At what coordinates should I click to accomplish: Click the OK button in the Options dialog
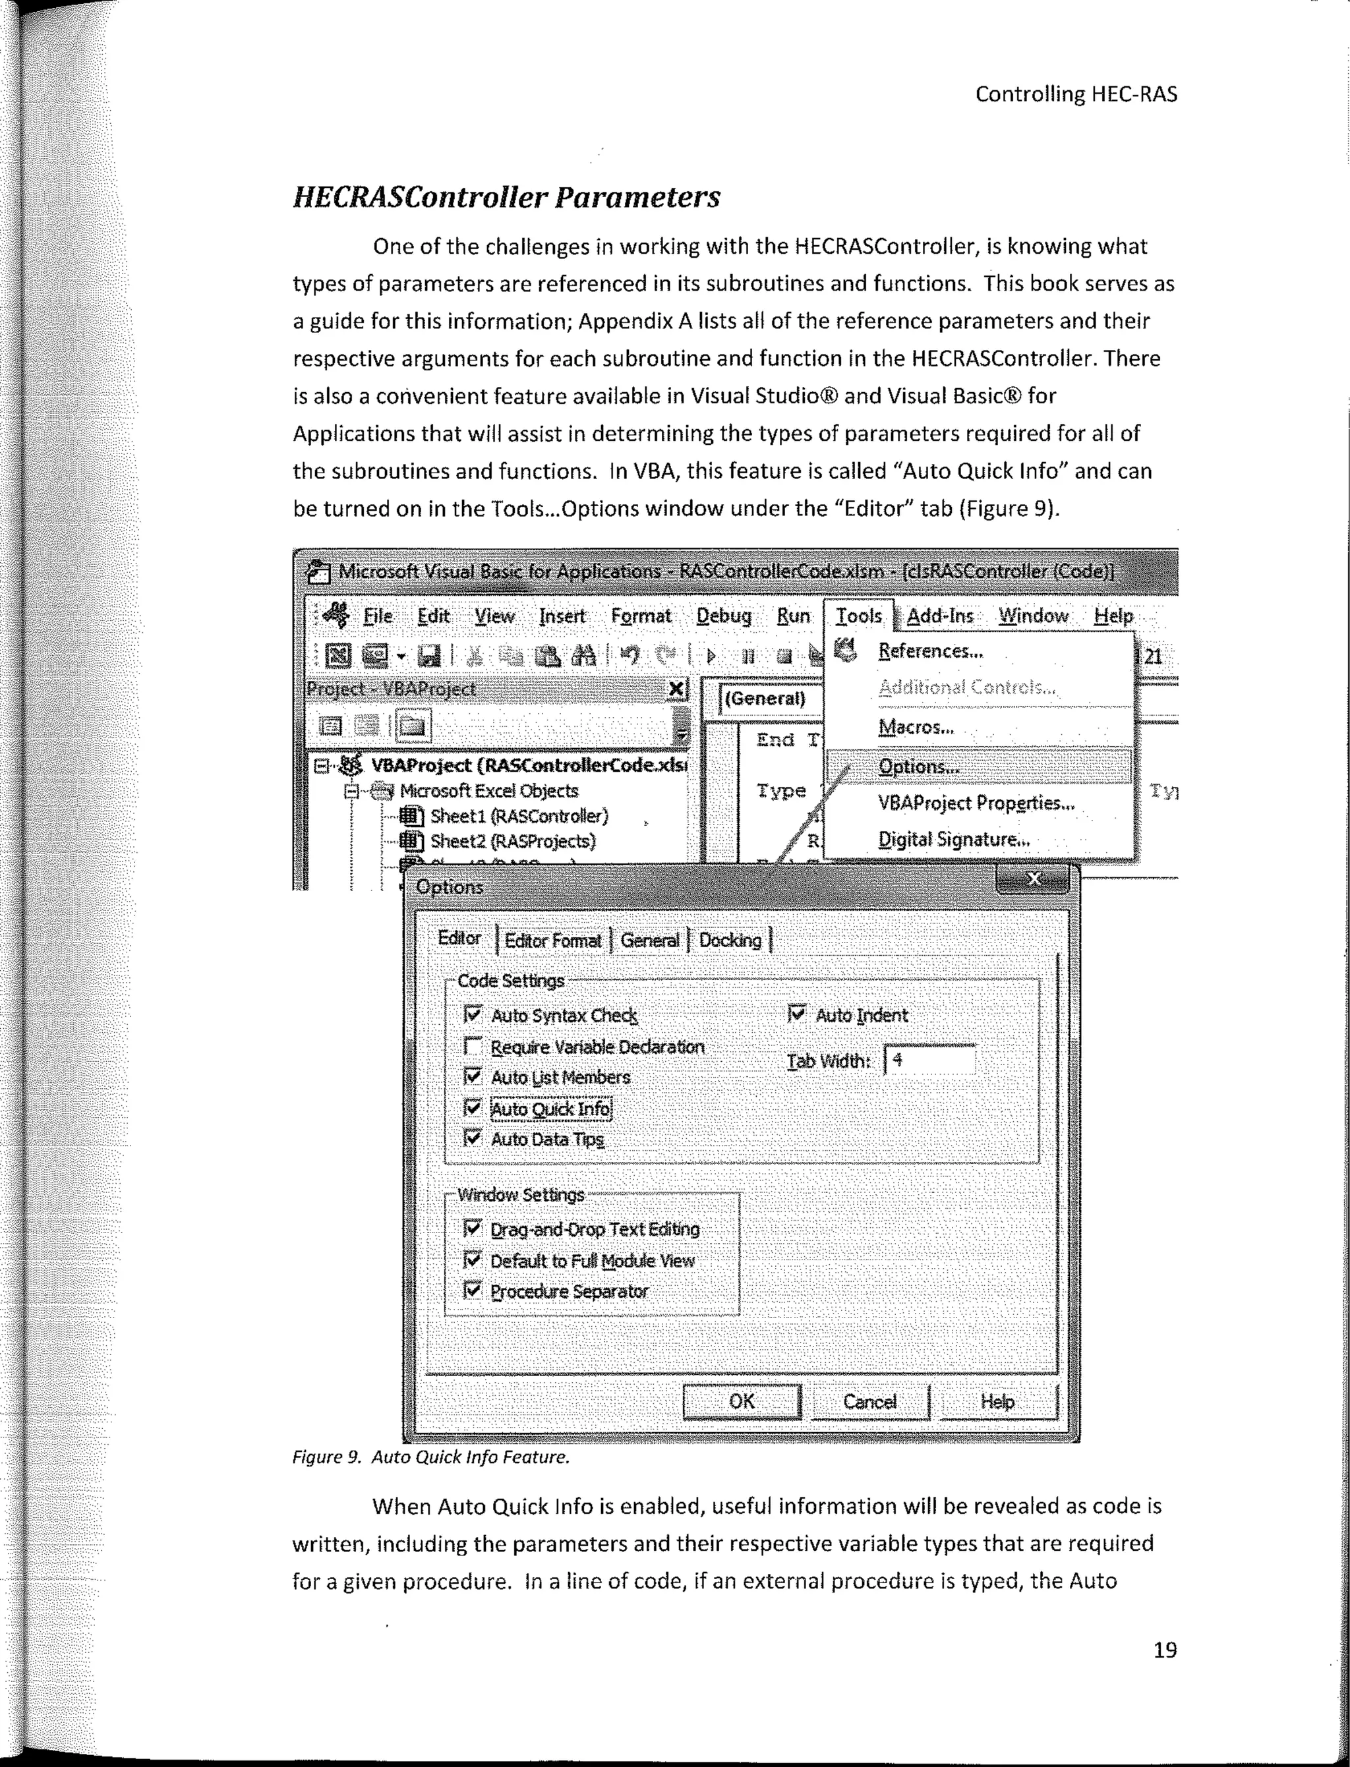(x=741, y=1401)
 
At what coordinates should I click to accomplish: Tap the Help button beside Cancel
(x=997, y=1401)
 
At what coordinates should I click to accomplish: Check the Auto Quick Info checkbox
(x=473, y=1108)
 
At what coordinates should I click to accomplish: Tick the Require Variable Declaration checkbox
(x=473, y=1046)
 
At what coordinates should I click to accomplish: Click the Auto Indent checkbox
(x=796, y=1014)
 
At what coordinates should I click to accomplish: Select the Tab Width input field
(x=929, y=1060)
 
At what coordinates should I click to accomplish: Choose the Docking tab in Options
(x=730, y=940)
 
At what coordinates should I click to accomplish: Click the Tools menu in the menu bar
(x=858, y=616)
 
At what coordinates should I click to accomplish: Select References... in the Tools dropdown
(x=929, y=651)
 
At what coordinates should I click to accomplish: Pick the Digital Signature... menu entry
(x=953, y=840)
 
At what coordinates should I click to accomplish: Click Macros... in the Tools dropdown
(x=916, y=727)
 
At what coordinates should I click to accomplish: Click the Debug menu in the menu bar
(x=723, y=616)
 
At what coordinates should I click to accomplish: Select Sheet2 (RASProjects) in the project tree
(x=513, y=841)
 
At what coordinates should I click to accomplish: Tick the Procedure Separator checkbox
(x=473, y=1290)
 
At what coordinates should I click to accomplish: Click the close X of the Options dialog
(x=1034, y=879)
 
